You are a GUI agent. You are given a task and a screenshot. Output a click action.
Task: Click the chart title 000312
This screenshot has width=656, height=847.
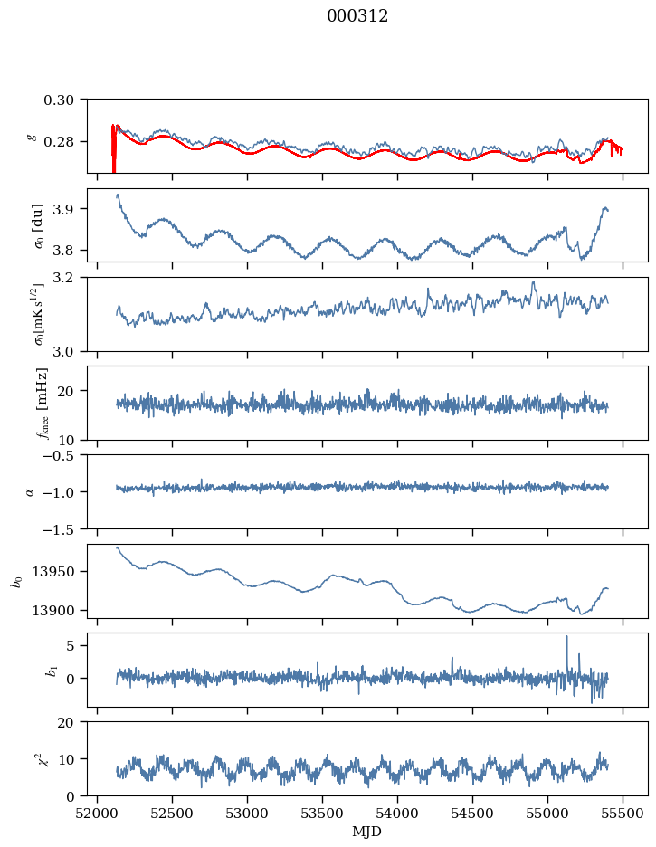click(x=357, y=16)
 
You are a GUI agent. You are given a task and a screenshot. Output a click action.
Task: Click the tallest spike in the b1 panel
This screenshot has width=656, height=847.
click(x=567, y=637)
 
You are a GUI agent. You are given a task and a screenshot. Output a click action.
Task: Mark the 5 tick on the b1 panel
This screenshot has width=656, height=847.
click(x=77, y=645)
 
